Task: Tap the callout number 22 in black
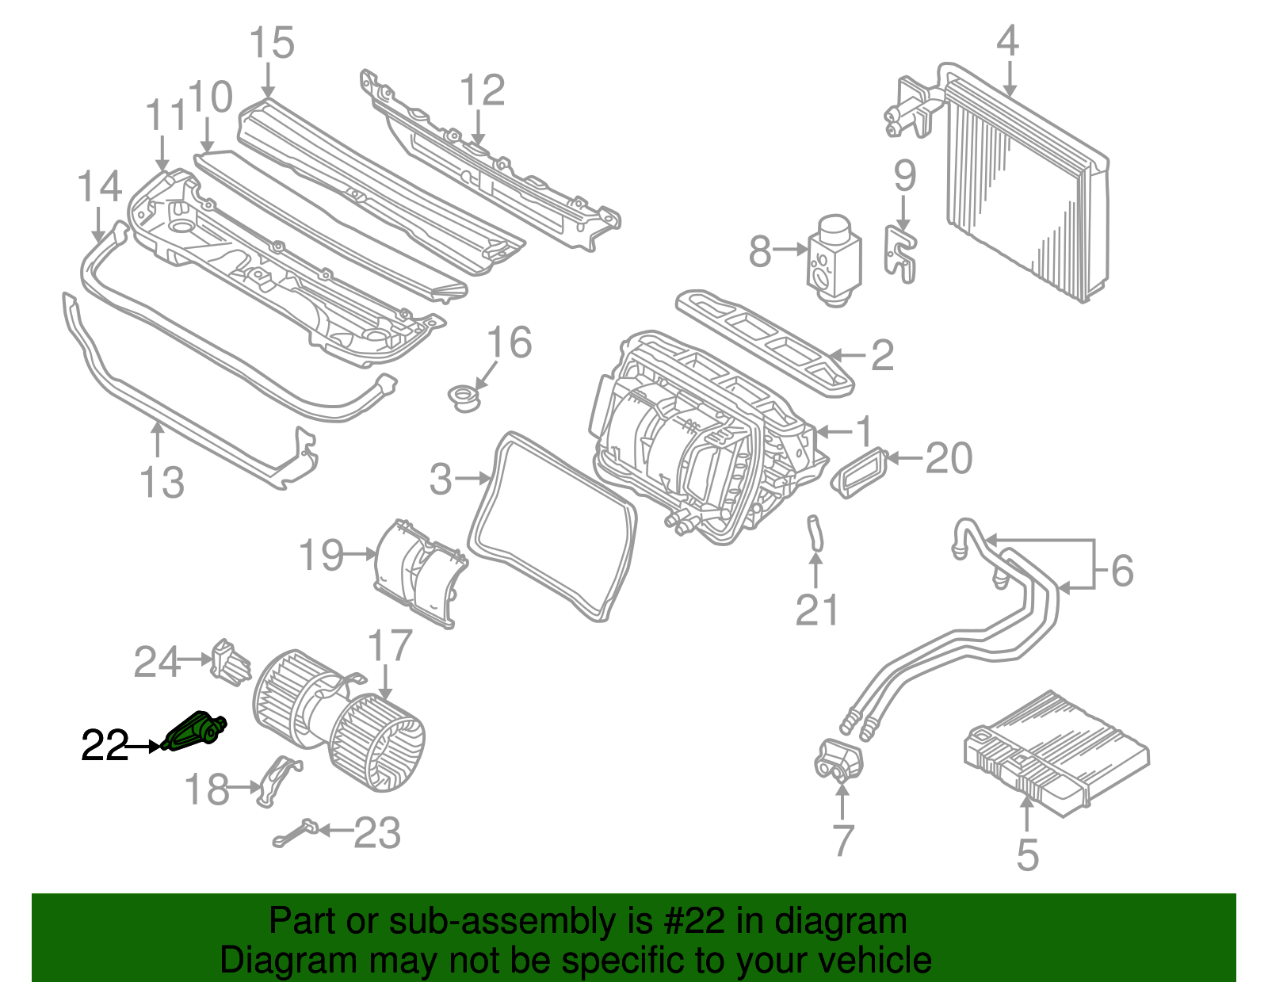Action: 105,746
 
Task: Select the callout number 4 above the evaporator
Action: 1006,40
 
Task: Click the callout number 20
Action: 949,458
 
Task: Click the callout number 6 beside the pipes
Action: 1122,570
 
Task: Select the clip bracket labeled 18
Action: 277,781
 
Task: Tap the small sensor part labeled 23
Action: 297,833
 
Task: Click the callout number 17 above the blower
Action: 390,646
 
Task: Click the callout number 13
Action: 162,482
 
